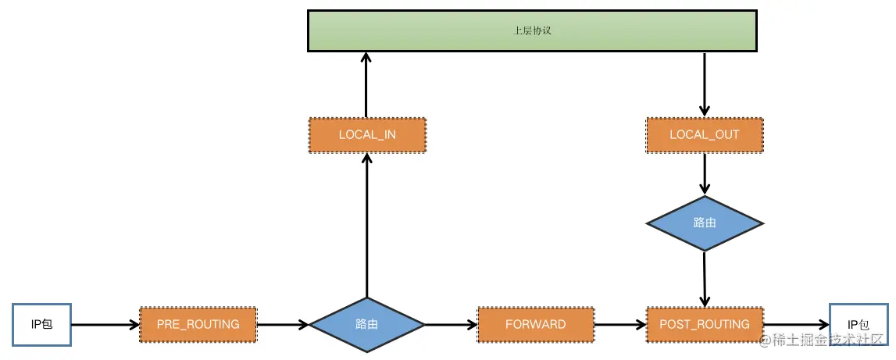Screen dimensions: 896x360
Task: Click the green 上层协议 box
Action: click(533, 30)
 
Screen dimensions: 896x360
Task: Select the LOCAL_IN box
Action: click(367, 135)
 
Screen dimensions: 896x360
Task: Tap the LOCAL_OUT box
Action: click(704, 135)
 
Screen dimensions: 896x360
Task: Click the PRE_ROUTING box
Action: click(198, 325)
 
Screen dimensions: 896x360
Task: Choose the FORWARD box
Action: click(535, 325)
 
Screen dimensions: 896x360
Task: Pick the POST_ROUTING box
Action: click(704, 325)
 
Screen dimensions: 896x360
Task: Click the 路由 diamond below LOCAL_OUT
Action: click(704, 223)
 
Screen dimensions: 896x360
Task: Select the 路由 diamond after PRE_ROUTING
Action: click(367, 325)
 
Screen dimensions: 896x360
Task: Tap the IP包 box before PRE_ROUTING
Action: click(41, 325)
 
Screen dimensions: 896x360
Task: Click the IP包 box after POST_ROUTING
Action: click(858, 325)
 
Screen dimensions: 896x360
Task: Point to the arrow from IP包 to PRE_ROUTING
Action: click(105, 325)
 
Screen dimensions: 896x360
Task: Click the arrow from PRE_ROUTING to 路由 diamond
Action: click(283, 325)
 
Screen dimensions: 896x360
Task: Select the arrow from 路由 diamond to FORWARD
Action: click(451, 325)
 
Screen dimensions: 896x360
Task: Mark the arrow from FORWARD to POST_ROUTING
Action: click(620, 325)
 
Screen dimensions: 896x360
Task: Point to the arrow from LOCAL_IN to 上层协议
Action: click(366, 84)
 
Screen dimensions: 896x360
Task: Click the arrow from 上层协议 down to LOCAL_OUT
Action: click(704, 84)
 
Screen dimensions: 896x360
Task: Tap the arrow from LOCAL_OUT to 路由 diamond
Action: click(704, 174)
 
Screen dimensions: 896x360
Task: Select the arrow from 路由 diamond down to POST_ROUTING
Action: click(705, 279)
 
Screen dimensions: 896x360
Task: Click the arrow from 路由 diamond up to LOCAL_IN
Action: click(366, 225)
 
